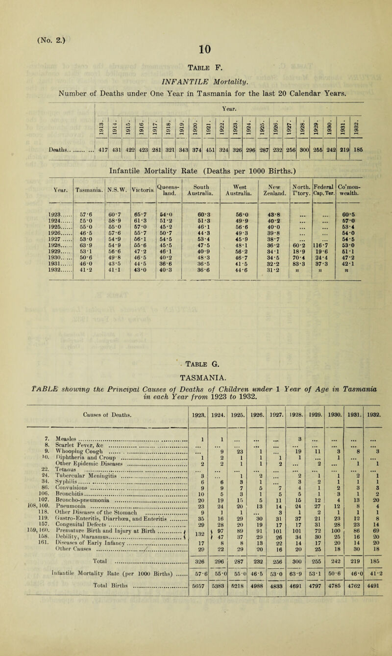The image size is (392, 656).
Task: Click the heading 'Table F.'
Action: (x=195, y=68)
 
